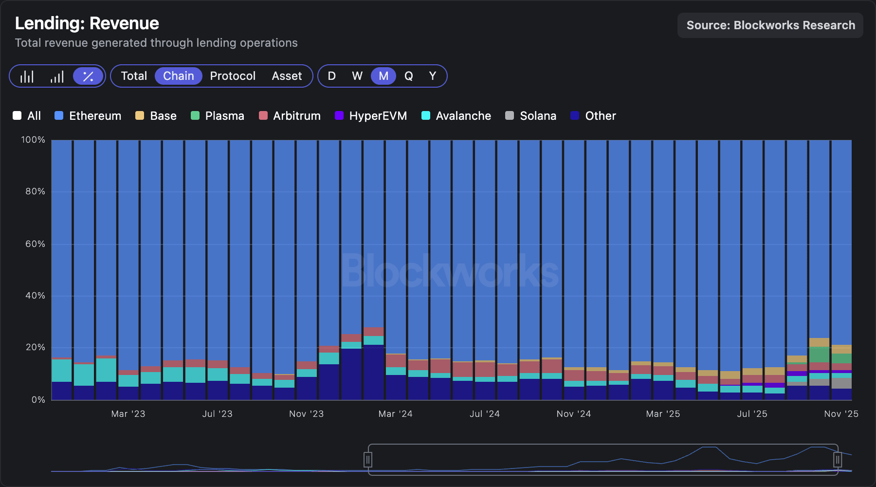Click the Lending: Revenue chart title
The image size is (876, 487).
[x=87, y=23]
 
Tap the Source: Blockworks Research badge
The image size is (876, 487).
[x=770, y=25]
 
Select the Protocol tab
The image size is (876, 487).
[x=233, y=76]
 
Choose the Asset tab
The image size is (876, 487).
[x=287, y=76]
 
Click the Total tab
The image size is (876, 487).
[x=134, y=76]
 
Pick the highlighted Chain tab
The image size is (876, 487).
[x=178, y=76]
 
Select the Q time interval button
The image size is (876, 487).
[x=408, y=76]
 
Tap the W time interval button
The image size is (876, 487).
[x=357, y=76]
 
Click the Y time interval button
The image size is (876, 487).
[x=432, y=76]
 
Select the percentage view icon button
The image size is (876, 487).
[x=88, y=76]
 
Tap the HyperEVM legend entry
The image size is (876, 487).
[x=371, y=116]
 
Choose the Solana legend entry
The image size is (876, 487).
[x=531, y=116]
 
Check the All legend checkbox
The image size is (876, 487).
[x=18, y=116]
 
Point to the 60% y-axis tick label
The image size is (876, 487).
[x=35, y=244]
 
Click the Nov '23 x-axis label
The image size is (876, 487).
[x=306, y=414]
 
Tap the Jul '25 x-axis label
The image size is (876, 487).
[x=752, y=414]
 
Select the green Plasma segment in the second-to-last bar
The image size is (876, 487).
[x=819, y=355]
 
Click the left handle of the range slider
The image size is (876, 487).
[x=368, y=459]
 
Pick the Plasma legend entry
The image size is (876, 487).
[x=218, y=116]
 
